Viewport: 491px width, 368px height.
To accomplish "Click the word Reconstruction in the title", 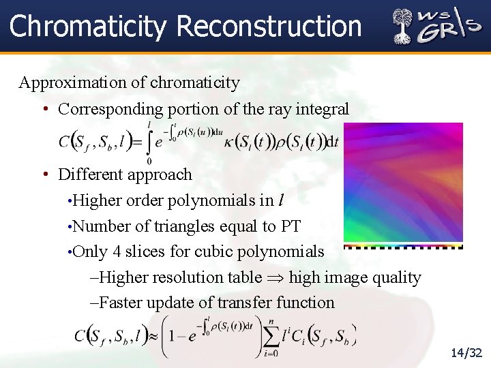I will pyautogui.click(x=269, y=27).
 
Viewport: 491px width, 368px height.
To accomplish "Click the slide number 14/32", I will pyautogui.click(x=466, y=352).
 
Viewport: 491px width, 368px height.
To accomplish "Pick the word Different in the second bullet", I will pyautogui.click(x=91, y=174).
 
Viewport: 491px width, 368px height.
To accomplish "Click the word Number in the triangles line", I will pyautogui.click(x=98, y=226).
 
